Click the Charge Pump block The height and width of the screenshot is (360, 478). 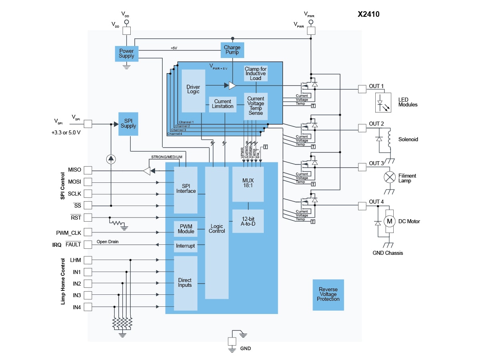pos(232,50)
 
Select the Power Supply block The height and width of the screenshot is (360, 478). pos(126,53)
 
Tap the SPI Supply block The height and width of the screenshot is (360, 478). pos(128,124)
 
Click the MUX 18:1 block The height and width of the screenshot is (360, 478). pos(248,184)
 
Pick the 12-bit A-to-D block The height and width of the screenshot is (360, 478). pos(248,221)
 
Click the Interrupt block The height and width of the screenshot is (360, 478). pos(185,246)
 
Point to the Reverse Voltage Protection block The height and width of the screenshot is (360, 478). pos(328,294)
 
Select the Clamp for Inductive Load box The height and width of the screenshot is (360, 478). pos(256,74)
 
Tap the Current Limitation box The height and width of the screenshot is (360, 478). pos(223,104)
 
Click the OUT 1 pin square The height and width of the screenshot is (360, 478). pos(362,89)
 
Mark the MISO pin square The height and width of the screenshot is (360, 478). pos(88,170)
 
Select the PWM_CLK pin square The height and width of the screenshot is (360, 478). pos(88,232)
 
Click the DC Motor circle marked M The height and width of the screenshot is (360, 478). pos(389,221)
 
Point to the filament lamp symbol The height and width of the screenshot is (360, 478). pos(389,177)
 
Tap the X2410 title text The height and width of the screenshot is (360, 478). pos(368,14)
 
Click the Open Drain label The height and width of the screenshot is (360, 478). pos(108,242)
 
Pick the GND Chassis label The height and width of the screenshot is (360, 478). pos(388,253)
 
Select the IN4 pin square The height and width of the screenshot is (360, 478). pos(88,307)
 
